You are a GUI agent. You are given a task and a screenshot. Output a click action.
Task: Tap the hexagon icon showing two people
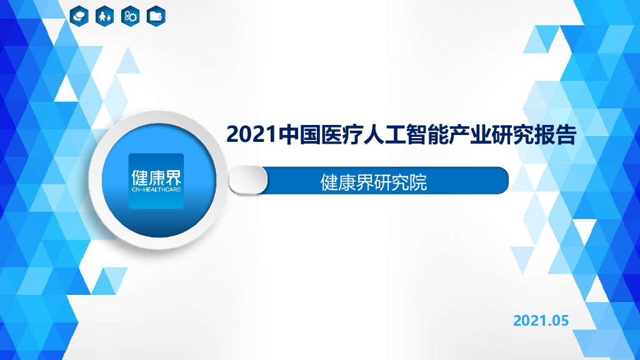click(104, 16)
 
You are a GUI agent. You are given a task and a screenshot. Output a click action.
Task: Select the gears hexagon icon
click(130, 16)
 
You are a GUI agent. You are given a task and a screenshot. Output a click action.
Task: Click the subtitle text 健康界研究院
click(374, 182)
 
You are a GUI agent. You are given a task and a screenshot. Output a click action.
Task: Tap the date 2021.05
click(541, 321)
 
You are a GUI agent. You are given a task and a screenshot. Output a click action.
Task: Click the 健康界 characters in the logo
click(156, 176)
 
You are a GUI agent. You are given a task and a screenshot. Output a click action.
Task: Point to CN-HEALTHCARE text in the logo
click(156, 187)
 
